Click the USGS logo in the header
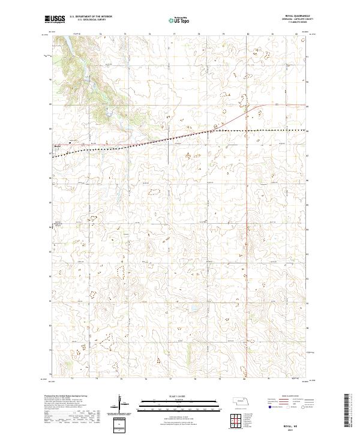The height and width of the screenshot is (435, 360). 55,20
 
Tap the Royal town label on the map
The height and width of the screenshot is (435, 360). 58,145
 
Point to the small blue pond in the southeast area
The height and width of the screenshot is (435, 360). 193,311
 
